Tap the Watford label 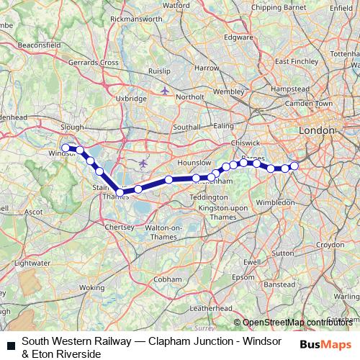coord(176,5)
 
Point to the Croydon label coord(329,245)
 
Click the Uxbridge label coord(131,99)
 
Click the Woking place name coord(91,287)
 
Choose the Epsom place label coord(243,277)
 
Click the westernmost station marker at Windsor coord(66,148)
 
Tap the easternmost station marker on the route coord(294,166)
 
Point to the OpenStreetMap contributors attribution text coord(299,322)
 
